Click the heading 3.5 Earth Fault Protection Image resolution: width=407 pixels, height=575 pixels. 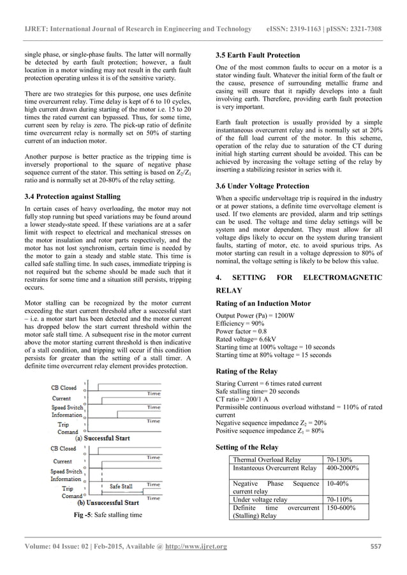pyautogui.click(x=258, y=55)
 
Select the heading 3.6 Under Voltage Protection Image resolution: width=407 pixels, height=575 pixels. pyautogui.click(x=262, y=186)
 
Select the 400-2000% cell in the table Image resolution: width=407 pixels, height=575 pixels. pyautogui.click(x=343, y=468)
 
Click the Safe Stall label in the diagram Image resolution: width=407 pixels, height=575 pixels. pyautogui.click(x=121, y=486)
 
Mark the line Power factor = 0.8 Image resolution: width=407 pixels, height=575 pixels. pyautogui.click(x=242, y=333)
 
